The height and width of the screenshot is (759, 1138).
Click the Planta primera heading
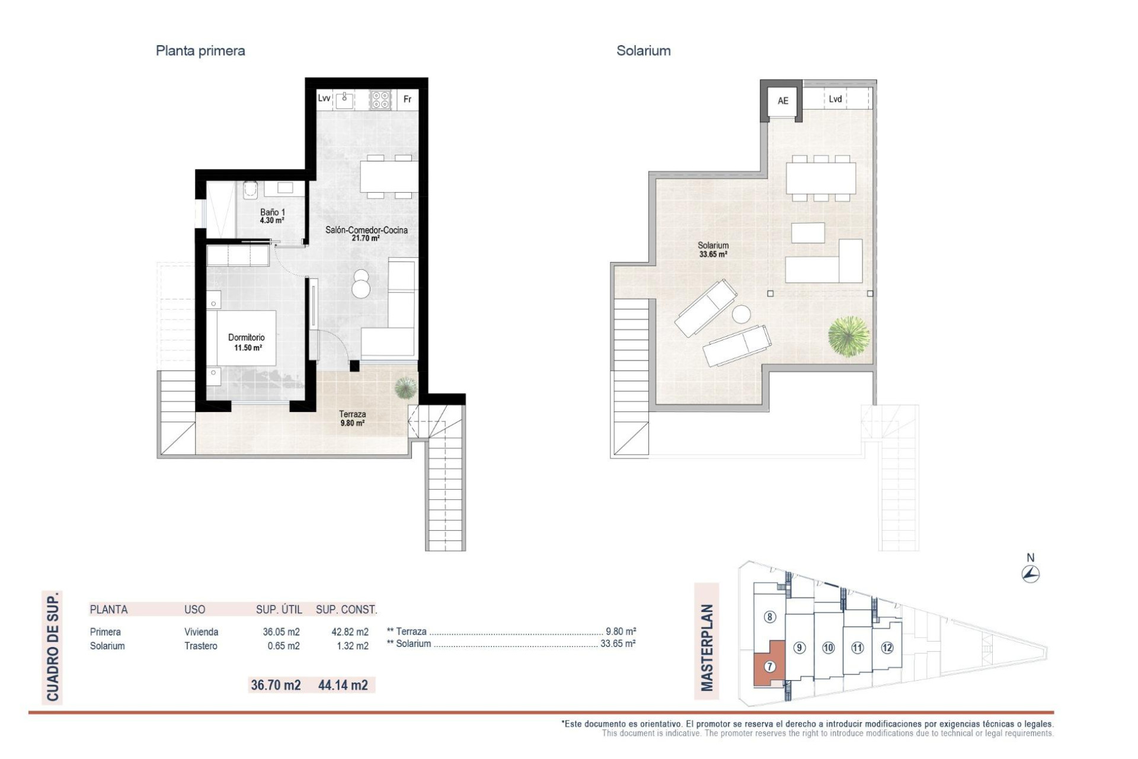click(200, 51)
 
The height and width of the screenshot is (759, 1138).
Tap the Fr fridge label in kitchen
click(407, 99)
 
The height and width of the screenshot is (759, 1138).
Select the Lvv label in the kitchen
click(324, 98)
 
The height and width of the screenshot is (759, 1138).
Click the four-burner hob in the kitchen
click(381, 100)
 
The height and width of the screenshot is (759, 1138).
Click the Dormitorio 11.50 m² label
click(247, 342)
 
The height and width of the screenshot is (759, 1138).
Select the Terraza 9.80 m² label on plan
click(352, 418)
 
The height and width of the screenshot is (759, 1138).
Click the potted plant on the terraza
click(405, 388)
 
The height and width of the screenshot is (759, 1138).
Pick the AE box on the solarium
click(782, 101)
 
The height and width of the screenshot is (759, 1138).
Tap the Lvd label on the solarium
click(835, 99)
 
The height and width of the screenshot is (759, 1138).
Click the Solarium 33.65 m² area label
click(713, 249)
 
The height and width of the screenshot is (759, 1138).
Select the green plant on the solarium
click(849, 336)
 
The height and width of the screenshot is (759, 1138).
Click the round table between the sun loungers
click(740, 314)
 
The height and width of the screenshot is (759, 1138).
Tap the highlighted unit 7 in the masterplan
click(769, 666)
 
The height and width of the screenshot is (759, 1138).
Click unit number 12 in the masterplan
click(887, 648)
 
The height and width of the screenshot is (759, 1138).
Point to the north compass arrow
click(1031, 574)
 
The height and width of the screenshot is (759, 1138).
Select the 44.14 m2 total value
click(343, 685)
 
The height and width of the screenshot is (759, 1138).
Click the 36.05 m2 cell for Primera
click(281, 632)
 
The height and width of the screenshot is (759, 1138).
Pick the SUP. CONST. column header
click(346, 610)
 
